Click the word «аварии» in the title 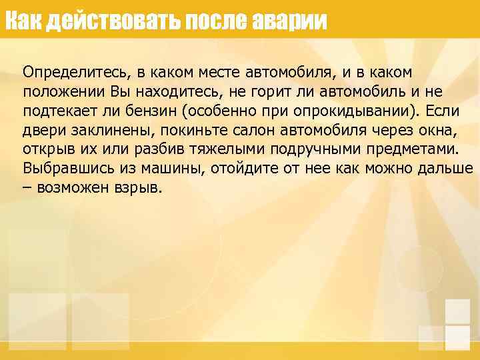click(291, 21)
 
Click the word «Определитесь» click(72, 71)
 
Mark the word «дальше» click(443, 167)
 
